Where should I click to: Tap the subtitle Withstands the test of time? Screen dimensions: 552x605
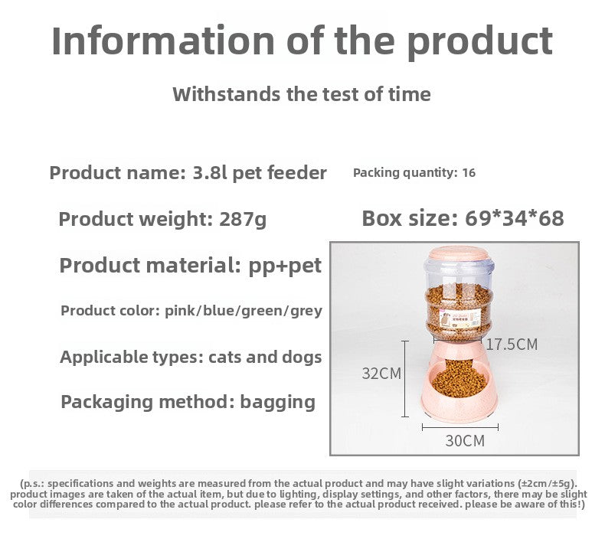pos(302,94)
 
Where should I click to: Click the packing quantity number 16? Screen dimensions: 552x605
pos(469,173)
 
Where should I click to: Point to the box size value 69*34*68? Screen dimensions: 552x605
pos(514,218)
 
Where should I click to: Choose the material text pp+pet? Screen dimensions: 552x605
pos(285,266)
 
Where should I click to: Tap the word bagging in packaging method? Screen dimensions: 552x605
pos(277,401)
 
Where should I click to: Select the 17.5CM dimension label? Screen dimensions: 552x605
pos(512,345)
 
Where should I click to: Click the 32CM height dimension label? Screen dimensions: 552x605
pos(381,374)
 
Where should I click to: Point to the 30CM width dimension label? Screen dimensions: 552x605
pos(465,441)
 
